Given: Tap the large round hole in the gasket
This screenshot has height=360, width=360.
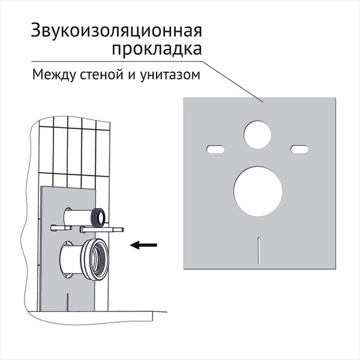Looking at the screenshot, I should (x=258, y=193).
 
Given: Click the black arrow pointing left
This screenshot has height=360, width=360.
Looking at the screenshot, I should (x=143, y=244).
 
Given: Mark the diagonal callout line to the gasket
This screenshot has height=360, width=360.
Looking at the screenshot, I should (x=234, y=79).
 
